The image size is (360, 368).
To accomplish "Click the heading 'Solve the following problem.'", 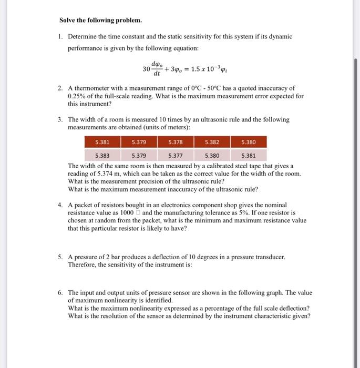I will [x=100, y=21].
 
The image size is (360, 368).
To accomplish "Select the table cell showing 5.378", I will [x=176, y=142].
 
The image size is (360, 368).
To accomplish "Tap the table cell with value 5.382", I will [x=212, y=142].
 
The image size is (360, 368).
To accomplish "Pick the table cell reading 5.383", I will [x=102, y=156].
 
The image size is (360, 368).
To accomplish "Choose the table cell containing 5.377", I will [x=176, y=156].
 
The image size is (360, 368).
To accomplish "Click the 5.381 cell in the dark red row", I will [x=102, y=142].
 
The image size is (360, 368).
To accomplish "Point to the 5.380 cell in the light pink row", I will [x=212, y=156].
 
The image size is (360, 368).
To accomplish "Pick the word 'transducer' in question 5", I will [x=269, y=257].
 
